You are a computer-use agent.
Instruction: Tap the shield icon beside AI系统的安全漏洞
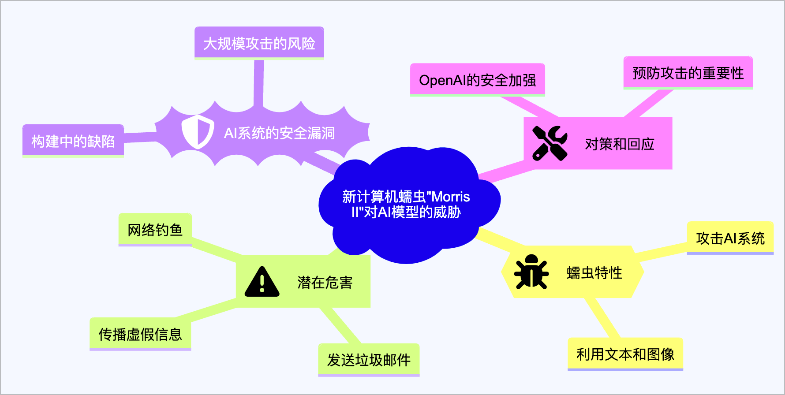[x=198, y=132]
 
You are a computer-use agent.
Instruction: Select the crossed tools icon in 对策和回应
[x=549, y=143]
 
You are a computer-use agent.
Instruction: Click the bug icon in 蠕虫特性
[x=531, y=272]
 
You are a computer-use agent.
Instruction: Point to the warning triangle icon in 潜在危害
[x=262, y=282]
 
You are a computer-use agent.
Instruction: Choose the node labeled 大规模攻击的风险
[x=259, y=43]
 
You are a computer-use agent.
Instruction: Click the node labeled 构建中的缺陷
[x=73, y=141]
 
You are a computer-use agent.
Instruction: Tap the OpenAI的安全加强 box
[x=478, y=80]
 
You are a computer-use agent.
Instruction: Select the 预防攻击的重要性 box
[x=688, y=73]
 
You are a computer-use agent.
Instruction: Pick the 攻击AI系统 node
[x=730, y=238]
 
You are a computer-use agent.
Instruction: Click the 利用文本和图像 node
[x=625, y=354]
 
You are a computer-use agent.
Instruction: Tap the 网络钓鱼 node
[x=155, y=230]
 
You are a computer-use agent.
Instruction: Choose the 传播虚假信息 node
[x=140, y=334]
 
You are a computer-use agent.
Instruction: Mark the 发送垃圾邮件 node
[x=369, y=360]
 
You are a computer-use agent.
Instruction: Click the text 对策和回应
[x=620, y=144]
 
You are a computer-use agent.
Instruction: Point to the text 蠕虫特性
[x=594, y=272]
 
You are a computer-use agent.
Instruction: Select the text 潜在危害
[x=325, y=282]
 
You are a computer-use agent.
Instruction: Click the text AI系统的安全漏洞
[x=280, y=133]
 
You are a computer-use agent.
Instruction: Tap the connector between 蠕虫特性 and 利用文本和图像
[x=602, y=318]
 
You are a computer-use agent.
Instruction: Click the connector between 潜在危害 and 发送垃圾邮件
[x=340, y=325]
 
